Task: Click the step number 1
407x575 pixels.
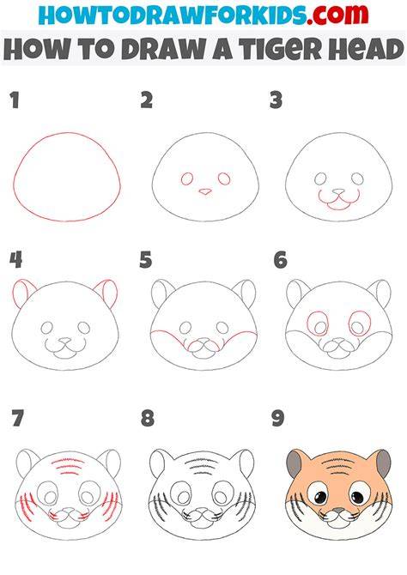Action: coord(15,100)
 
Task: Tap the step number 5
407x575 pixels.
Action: coord(145,260)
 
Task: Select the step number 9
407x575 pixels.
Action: coord(278,419)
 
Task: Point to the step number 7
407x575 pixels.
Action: coord(18,419)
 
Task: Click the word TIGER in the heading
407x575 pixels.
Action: coord(281,49)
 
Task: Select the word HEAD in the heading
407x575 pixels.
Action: coord(366,49)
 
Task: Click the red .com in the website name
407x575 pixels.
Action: coord(337,15)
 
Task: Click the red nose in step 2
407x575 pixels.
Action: coord(205,191)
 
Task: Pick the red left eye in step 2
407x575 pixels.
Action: coord(187,179)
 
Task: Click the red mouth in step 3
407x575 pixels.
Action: coord(339,200)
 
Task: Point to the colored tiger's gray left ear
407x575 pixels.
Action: coord(294,463)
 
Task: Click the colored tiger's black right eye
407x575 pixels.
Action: coord(356,498)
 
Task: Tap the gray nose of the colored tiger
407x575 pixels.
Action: coord(338,510)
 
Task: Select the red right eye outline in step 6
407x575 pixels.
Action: coord(360,324)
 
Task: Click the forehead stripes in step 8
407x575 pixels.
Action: coord(202,466)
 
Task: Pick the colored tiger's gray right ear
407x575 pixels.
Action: coord(384,463)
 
